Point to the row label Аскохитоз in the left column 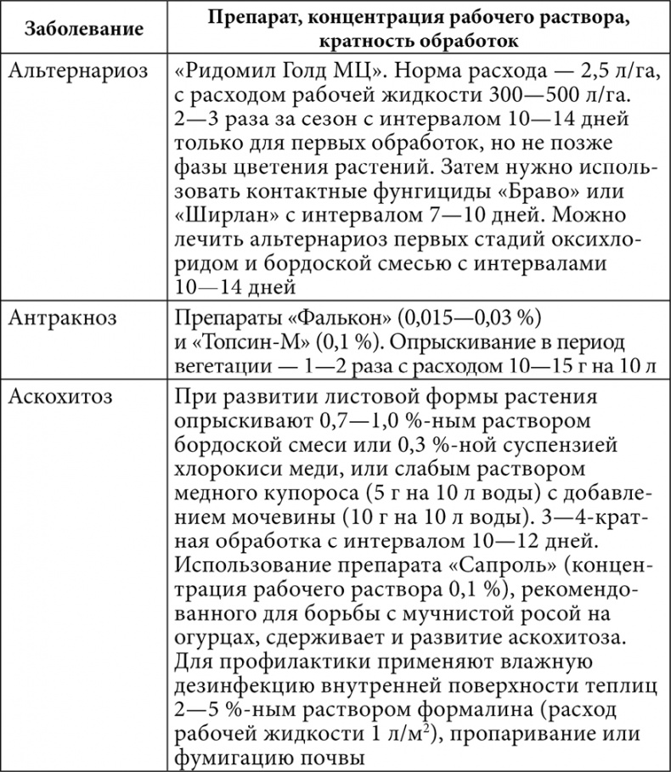[63, 397]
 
